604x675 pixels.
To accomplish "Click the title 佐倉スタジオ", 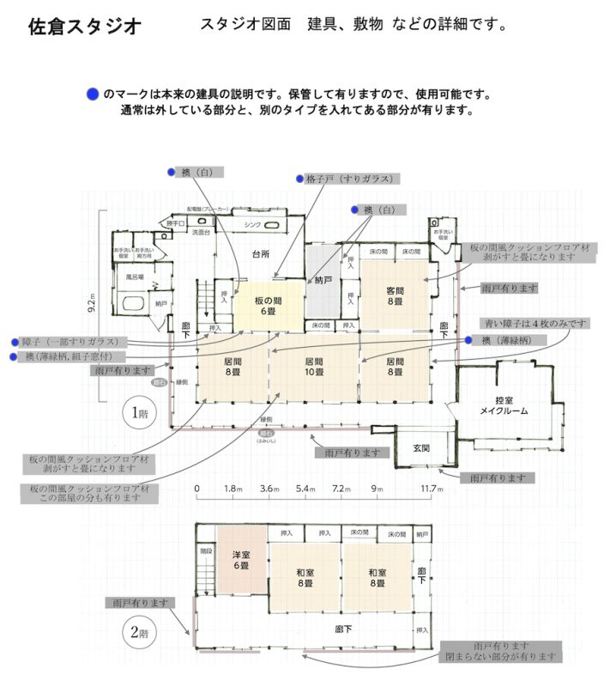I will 85,27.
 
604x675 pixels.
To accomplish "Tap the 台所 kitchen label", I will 260,254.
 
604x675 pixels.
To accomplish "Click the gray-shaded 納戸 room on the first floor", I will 323,281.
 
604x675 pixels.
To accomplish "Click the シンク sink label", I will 252,225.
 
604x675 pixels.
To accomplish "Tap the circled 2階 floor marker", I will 140,635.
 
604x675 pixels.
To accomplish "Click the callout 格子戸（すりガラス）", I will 349,179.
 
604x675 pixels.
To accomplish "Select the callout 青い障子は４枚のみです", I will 535,323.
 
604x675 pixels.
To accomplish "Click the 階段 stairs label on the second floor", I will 205,552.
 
